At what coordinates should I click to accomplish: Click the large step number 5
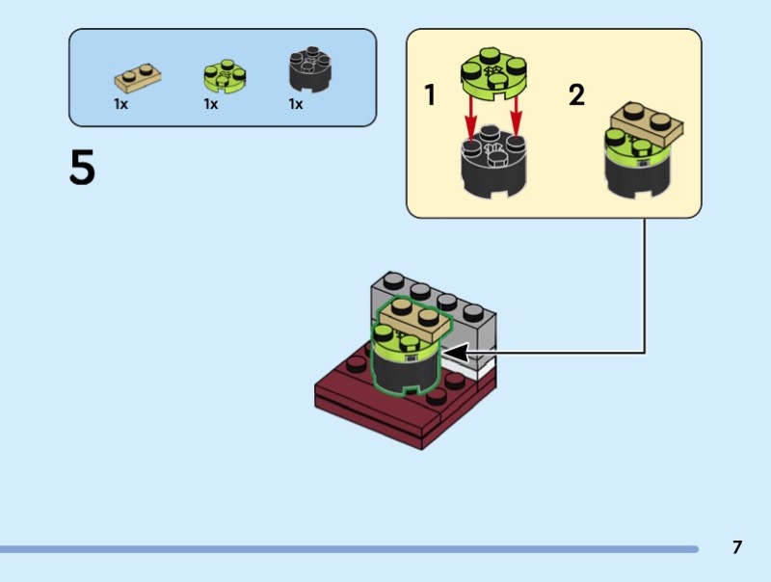(83, 169)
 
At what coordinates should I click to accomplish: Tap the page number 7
(737, 547)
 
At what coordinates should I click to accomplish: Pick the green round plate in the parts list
(224, 75)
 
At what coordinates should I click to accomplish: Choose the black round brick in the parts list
(310, 71)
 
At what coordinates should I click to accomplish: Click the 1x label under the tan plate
(121, 104)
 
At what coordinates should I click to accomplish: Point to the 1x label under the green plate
(210, 104)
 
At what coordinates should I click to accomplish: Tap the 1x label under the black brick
(296, 104)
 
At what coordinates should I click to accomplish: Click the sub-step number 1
(430, 95)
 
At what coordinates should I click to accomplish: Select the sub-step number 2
(576, 95)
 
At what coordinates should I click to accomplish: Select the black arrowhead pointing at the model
(454, 352)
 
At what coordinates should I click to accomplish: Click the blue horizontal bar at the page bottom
(347, 549)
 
